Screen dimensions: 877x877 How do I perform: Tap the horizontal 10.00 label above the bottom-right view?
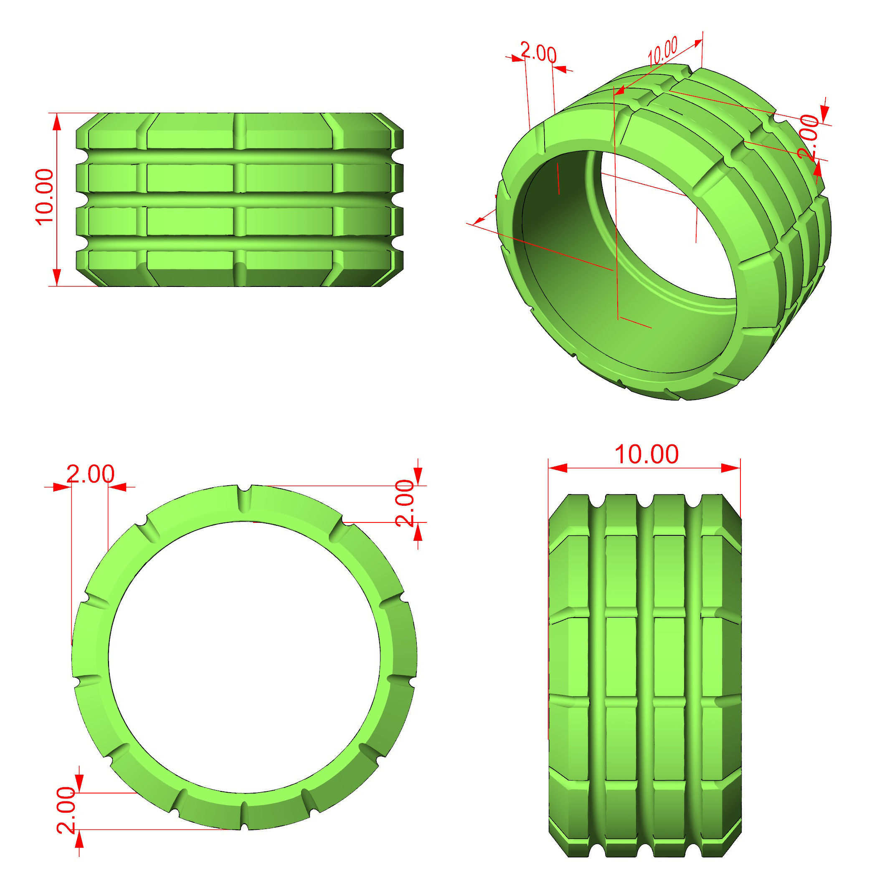tap(646, 454)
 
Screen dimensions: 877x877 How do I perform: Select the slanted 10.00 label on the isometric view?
tap(662, 51)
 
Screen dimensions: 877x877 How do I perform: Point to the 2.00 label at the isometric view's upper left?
tap(538, 53)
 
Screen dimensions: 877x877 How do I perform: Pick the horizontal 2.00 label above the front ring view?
tap(90, 474)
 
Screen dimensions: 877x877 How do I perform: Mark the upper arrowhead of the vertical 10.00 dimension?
tap(57, 122)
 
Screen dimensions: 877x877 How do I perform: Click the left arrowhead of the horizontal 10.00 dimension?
tap(558, 468)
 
